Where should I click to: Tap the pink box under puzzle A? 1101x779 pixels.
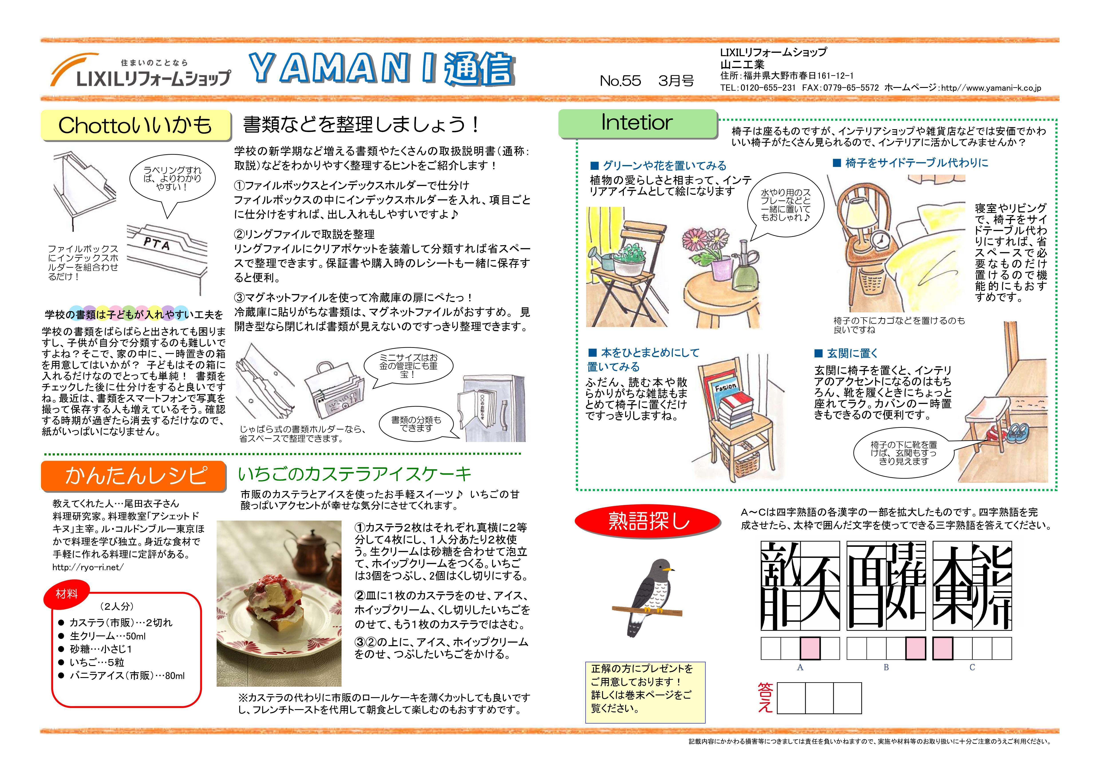pyautogui.click(x=810, y=648)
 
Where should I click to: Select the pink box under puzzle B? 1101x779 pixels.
pyautogui.click(x=916, y=648)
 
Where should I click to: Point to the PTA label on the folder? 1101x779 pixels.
pyautogui.click(x=157, y=244)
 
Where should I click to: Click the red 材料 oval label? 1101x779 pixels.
pyautogui.click(x=67, y=594)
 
